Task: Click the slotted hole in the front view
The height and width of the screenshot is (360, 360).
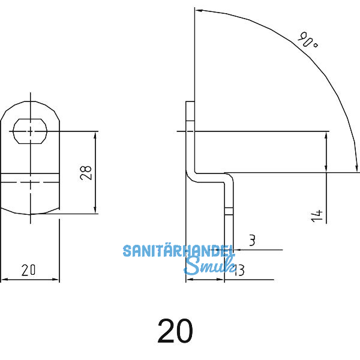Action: pos(30,130)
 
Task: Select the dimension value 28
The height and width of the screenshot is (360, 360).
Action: pos(86,173)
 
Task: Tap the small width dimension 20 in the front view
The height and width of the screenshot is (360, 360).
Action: pos(28,271)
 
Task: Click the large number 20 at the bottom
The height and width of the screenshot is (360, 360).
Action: pos(175,331)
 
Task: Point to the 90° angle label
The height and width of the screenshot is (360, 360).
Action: pos(307,42)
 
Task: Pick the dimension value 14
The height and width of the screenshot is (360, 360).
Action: pos(317,215)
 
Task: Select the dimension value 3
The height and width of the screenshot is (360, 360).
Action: pos(251,241)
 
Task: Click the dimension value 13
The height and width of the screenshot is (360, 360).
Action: pos(238,271)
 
